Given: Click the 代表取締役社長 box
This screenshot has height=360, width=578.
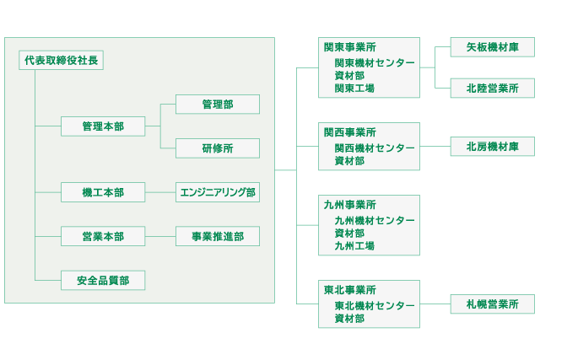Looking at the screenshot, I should (61, 60).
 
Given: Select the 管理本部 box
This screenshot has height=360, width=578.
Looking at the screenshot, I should (103, 126).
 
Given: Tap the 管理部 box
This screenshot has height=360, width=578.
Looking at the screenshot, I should (217, 105).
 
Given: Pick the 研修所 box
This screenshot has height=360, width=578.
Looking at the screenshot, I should (217, 148).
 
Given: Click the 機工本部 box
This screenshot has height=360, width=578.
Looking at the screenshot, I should (103, 192).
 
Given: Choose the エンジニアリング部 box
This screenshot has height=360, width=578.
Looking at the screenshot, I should (217, 192).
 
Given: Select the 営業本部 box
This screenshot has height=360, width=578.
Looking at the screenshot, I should (103, 236).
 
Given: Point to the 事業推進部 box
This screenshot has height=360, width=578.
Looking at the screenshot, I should (217, 236).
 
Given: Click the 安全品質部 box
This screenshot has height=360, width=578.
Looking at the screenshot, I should (103, 280).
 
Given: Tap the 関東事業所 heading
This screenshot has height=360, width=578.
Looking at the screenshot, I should (350, 47).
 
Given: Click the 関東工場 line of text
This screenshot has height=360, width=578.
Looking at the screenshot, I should (354, 88).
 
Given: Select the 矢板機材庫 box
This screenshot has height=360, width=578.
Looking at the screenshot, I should (492, 47).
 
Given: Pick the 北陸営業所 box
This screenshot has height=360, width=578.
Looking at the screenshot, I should (492, 88).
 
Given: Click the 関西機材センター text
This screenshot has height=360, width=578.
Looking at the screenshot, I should (375, 148).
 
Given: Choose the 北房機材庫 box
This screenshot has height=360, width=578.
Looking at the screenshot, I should (492, 147).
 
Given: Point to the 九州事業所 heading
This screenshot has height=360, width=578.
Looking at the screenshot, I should (350, 205).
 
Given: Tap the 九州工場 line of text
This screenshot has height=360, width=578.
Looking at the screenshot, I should (354, 245).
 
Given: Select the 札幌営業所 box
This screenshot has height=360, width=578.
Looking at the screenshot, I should (492, 304).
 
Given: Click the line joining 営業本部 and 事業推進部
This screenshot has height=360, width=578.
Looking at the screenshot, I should (160, 236).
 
